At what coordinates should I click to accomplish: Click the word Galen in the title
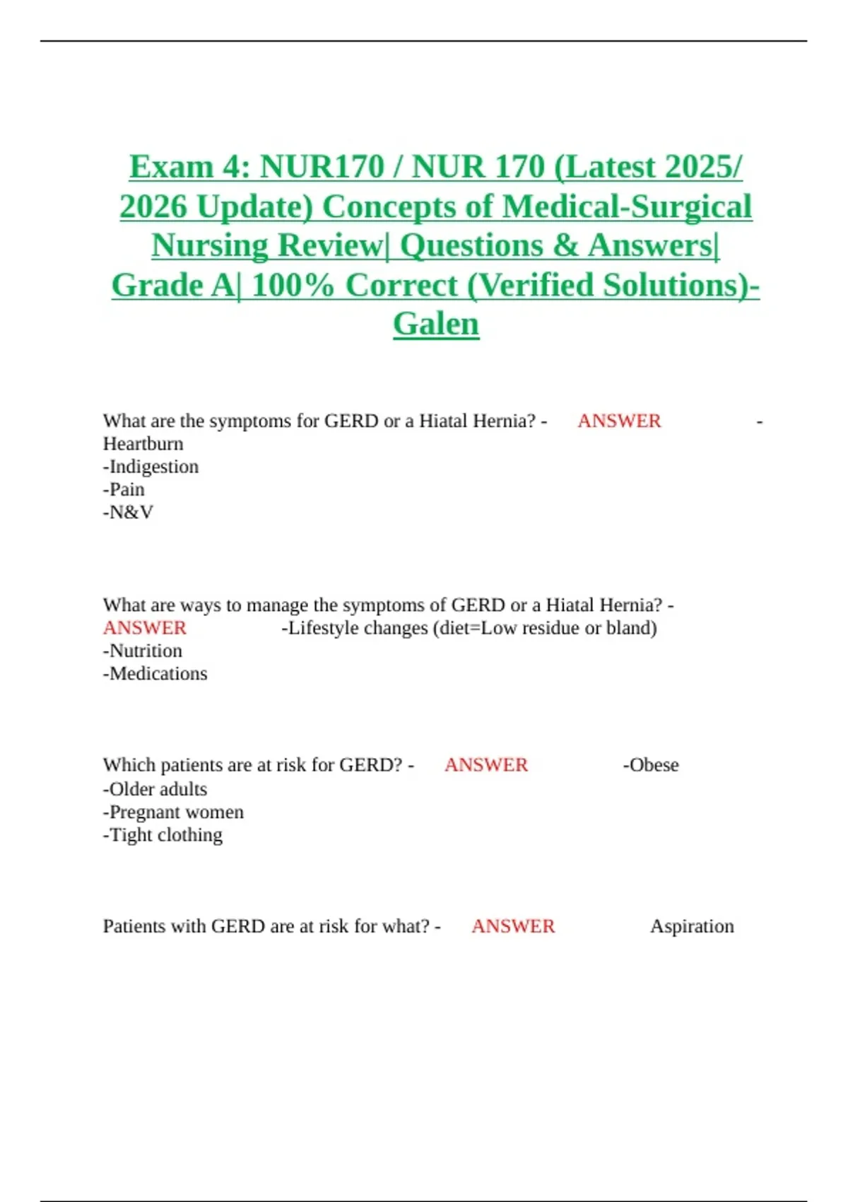[x=436, y=324]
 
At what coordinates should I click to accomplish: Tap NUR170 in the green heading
[x=322, y=167]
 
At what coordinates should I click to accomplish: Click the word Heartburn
[x=143, y=444]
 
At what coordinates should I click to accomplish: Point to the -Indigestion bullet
[x=151, y=467]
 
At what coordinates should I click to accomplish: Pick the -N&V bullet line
[x=128, y=512]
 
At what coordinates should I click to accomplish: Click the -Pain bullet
[x=124, y=489]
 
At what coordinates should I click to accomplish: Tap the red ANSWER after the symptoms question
[x=619, y=421]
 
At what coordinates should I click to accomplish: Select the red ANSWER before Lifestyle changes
[x=144, y=628]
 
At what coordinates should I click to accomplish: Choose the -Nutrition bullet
[x=142, y=650]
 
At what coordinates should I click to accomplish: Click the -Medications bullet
[x=155, y=673]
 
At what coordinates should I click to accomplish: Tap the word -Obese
[x=650, y=765]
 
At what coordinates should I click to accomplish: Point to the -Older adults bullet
[x=155, y=789]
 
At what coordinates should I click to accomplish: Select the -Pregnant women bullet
[x=173, y=812]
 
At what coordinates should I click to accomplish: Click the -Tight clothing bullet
[x=163, y=835]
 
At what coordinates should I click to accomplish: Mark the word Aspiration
[x=692, y=926]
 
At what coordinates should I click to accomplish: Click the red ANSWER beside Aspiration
[x=513, y=926]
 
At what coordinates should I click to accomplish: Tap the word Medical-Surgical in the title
[x=627, y=206]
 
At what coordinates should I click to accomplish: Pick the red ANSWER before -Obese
[x=486, y=765]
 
